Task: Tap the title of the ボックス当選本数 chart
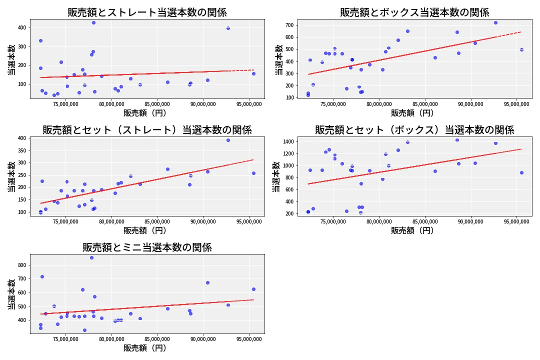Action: tap(414, 12)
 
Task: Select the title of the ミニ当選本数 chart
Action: tap(147, 247)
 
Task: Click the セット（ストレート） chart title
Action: tap(147, 130)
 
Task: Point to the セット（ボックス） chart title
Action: tap(414, 130)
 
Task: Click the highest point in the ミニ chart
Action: tap(91, 257)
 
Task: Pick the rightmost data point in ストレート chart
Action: tap(253, 73)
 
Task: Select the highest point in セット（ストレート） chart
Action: tap(228, 140)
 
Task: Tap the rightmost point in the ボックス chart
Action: tap(521, 49)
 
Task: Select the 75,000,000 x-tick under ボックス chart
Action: tap(334, 105)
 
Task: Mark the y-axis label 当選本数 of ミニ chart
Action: tap(10, 294)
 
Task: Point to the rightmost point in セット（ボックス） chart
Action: tap(521, 172)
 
